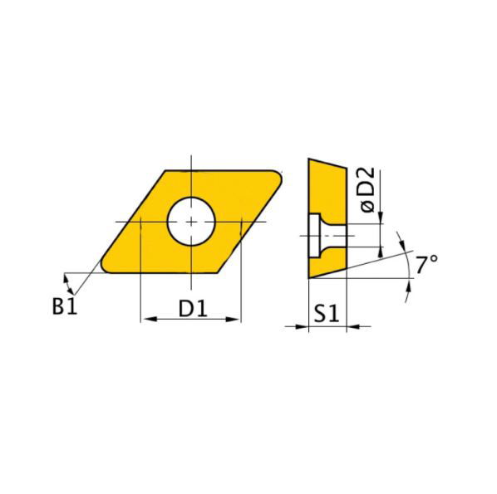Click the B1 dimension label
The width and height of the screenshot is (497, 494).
[64, 306]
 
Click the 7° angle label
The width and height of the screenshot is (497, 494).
[427, 267]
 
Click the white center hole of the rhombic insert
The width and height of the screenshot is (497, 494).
[191, 222]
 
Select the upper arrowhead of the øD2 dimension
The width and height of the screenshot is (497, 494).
[381, 218]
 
